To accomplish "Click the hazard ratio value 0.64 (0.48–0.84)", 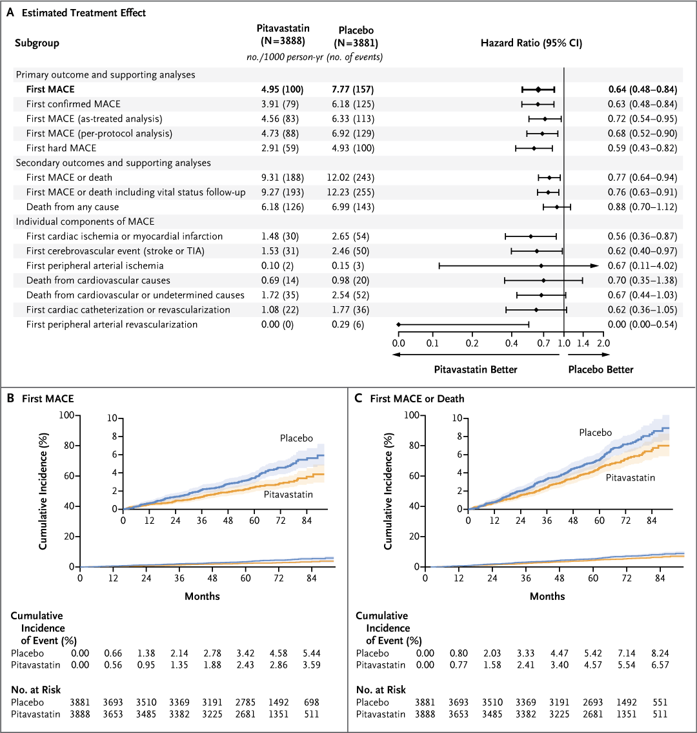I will click(x=642, y=89).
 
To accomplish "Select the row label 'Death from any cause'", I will click(x=72, y=207).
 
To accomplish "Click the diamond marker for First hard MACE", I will click(x=534, y=148).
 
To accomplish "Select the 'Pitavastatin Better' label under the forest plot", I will click(x=475, y=369).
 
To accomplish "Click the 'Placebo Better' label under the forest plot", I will click(x=600, y=369).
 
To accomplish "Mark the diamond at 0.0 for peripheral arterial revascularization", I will click(x=399, y=324).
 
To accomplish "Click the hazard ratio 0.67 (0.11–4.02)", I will click(x=642, y=265).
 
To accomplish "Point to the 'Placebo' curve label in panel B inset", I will click(x=296, y=439).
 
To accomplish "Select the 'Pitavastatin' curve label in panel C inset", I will click(x=630, y=478).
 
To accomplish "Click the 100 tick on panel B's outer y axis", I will click(x=66, y=415).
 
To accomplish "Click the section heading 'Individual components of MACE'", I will click(x=85, y=222).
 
